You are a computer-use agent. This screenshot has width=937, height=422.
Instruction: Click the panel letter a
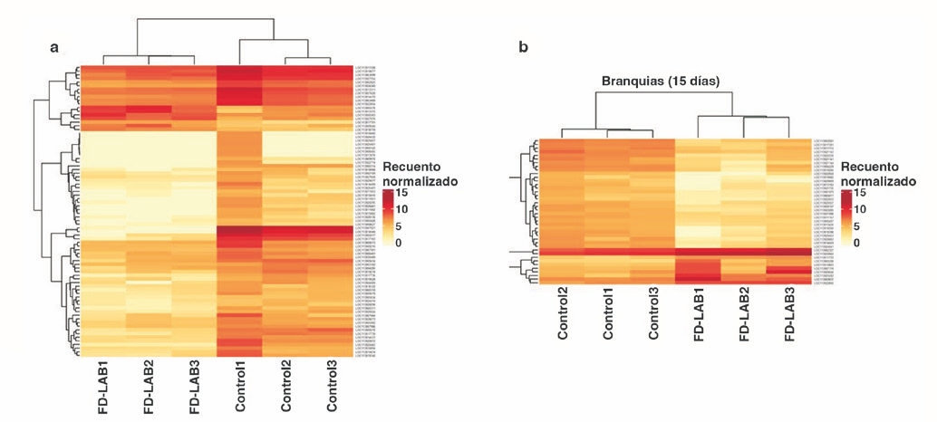pyautogui.click(x=54, y=47)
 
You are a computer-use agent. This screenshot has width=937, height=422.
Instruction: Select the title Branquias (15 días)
pyautogui.click(x=661, y=82)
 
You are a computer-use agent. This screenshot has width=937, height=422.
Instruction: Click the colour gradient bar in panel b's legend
pyautogui.click(x=846, y=217)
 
